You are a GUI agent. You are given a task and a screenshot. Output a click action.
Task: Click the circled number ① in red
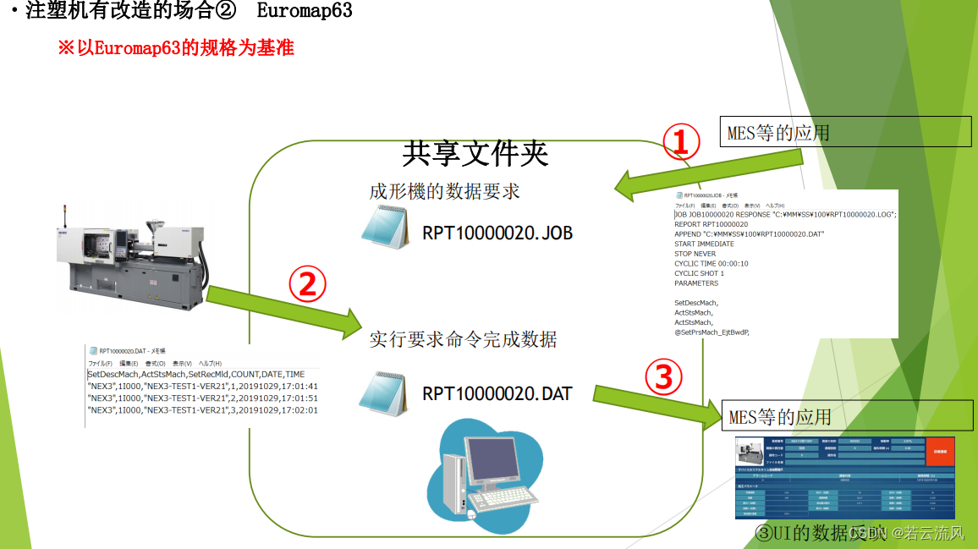681,143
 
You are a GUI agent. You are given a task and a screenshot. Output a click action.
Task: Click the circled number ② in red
306,285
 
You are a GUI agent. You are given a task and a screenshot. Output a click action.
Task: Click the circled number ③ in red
664,377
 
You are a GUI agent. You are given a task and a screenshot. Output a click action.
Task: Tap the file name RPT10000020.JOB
497,232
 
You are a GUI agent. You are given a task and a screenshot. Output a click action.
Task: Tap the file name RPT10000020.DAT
497,393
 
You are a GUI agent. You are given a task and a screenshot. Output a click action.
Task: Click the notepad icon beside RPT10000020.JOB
385,227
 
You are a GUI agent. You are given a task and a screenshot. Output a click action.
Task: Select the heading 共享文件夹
475,153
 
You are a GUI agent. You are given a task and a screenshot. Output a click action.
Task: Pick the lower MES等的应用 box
780,417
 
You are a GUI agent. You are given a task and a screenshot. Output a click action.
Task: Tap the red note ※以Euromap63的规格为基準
175,48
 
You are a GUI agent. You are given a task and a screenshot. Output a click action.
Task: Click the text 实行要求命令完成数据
463,339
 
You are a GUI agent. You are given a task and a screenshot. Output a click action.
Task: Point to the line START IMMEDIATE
704,244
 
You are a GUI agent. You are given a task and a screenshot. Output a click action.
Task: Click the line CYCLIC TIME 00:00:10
711,264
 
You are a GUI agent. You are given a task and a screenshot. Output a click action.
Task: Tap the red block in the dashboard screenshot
940,453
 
